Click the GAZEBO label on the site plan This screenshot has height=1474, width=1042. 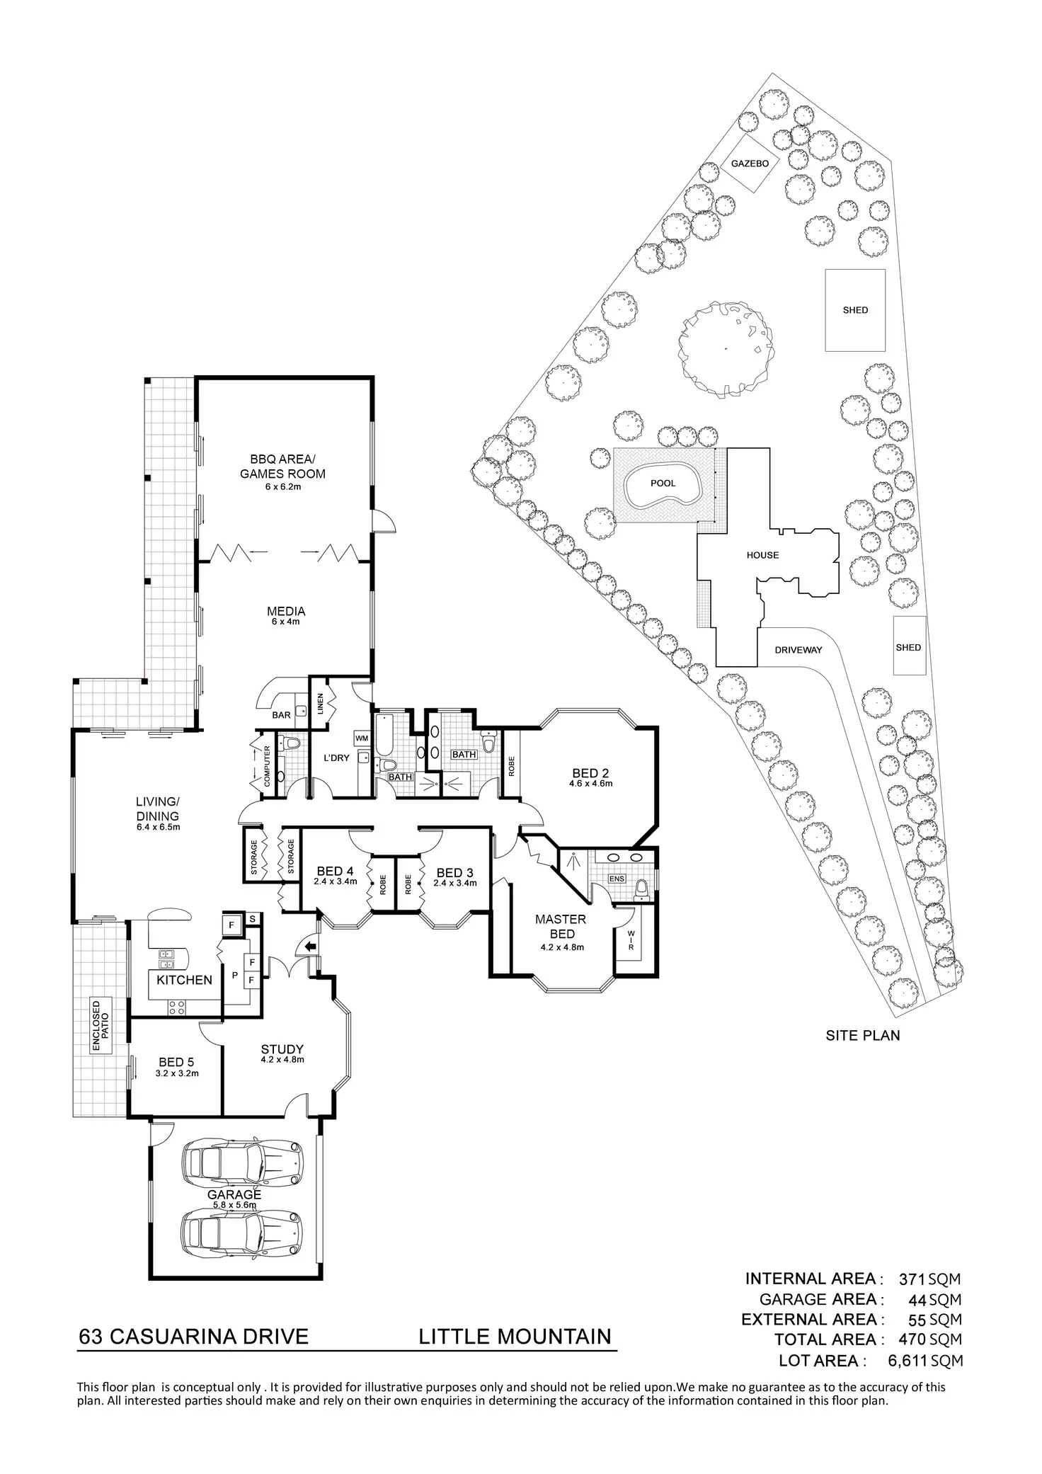point(744,163)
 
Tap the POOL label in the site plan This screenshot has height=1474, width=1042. point(663,484)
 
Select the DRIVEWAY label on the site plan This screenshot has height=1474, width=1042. point(798,649)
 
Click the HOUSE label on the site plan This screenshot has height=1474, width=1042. point(762,555)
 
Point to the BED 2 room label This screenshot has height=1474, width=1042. point(590,773)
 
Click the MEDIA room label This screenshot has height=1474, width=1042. point(286,611)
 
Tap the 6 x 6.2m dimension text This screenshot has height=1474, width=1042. point(282,487)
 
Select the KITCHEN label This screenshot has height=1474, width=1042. point(184,980)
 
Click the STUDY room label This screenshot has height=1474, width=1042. point(282,1049)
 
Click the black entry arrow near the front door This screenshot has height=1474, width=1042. point(309,947)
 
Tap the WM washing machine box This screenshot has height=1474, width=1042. point(362,738)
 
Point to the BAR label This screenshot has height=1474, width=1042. point(281,715)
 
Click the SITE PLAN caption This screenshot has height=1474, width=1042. point(863,1035)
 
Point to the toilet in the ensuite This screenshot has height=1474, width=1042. point(641,888)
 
